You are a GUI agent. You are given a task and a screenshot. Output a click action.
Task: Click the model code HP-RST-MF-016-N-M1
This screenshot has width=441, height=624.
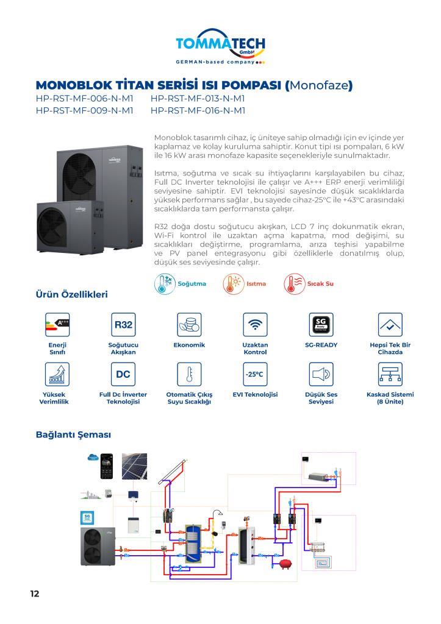pos(198,110)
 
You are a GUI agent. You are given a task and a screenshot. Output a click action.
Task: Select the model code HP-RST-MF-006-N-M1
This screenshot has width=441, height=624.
pos(84,98)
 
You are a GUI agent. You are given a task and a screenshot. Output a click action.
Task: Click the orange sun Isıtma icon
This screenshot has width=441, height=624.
pos(232,284)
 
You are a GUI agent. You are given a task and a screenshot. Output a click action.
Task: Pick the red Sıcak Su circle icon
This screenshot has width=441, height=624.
pos(294,284)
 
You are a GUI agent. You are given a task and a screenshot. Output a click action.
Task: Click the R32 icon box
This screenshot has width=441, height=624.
pos(123,325)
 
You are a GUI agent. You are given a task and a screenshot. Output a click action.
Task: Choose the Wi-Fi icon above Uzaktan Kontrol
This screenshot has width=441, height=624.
pos(255,325)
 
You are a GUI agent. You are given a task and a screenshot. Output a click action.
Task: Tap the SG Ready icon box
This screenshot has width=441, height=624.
pos(321,325)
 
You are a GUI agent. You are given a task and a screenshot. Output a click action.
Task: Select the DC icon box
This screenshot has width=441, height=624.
pos(123,374)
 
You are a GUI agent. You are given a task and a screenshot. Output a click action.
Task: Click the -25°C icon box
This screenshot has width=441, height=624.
pos(255,374)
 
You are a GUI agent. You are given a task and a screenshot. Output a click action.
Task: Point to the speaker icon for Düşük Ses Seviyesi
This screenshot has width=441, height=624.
pos(321,374)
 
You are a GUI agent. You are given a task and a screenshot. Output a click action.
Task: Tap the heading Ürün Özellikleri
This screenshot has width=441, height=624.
pos(72,295)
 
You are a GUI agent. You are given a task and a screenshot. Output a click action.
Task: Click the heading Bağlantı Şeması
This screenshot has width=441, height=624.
pos(73,435)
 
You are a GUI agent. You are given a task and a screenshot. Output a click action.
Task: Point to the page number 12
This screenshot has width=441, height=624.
pos(35,593)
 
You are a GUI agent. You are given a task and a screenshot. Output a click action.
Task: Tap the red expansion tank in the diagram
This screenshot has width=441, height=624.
pos(284,564)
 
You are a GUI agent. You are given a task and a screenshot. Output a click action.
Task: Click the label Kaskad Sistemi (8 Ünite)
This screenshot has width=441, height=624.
pos(390,398)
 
